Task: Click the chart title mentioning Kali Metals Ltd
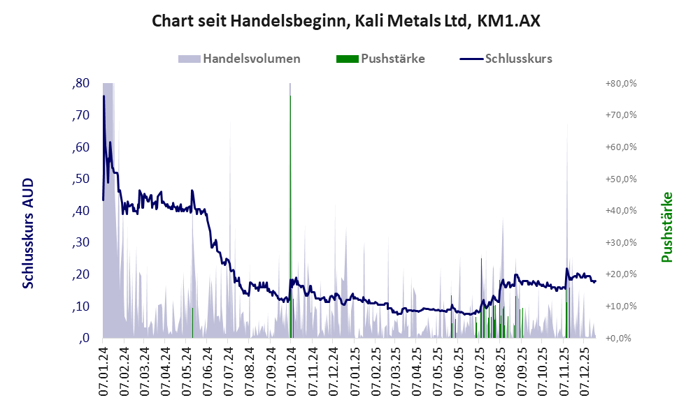(x=346, y=22)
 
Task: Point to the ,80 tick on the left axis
(x=80, y=83)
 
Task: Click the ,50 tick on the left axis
(x=80, y=179)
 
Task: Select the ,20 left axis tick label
(x=80, y=274)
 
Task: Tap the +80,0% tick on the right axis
(x=620, y=83)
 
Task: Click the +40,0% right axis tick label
(x=620, y=211)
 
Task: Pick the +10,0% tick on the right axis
(x=620, y=306)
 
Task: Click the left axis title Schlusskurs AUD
(x=28, y=233)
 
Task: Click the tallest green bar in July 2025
(x=481, y=293)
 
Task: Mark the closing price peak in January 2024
(x=103, y=96)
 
